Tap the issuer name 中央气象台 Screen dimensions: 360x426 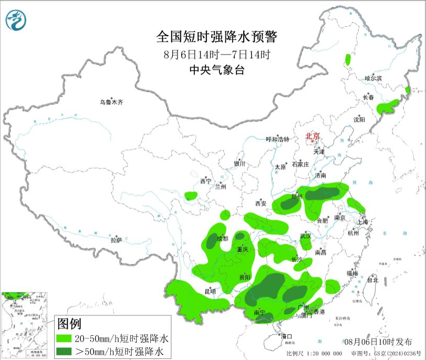pyautogui.click(x=216, y=70)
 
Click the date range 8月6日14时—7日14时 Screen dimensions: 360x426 pyautogui.click(x=216, y=54)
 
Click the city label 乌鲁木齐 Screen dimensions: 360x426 pyautogui.click(x=111, y=102)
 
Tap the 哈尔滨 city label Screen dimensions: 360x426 pyautogui.click(x=373, y=78)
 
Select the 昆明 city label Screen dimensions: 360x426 pyautogui.click(x=210, y=291)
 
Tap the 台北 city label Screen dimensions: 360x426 pyautogui.click(x=372, y=280)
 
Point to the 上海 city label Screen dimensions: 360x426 pyautogui.click(x=362, y=221)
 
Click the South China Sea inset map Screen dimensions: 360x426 pyautogui.click(x=25, y=325)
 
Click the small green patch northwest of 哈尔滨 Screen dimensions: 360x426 pyautogui.click(x=347, y=58)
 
